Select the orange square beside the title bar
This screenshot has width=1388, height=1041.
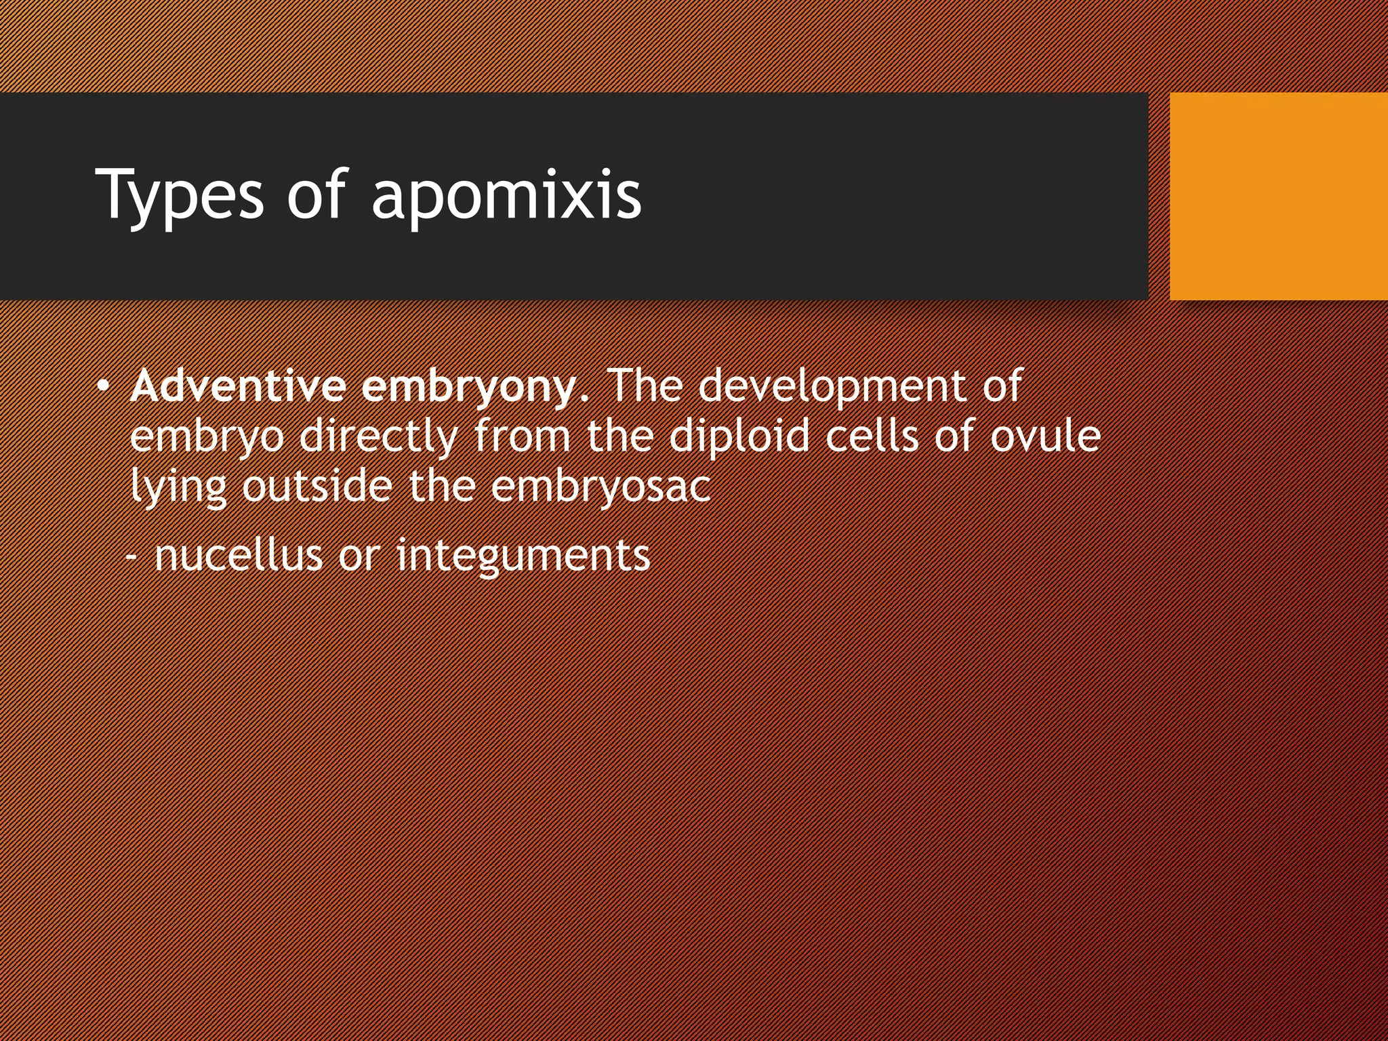[x=1278, y=196]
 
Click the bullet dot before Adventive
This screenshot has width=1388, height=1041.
[x=102, y=387]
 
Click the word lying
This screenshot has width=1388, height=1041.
[x=178, y=488]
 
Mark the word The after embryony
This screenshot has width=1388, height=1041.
[x=644, y=386]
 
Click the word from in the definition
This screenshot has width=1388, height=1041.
[x=523, y=436]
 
